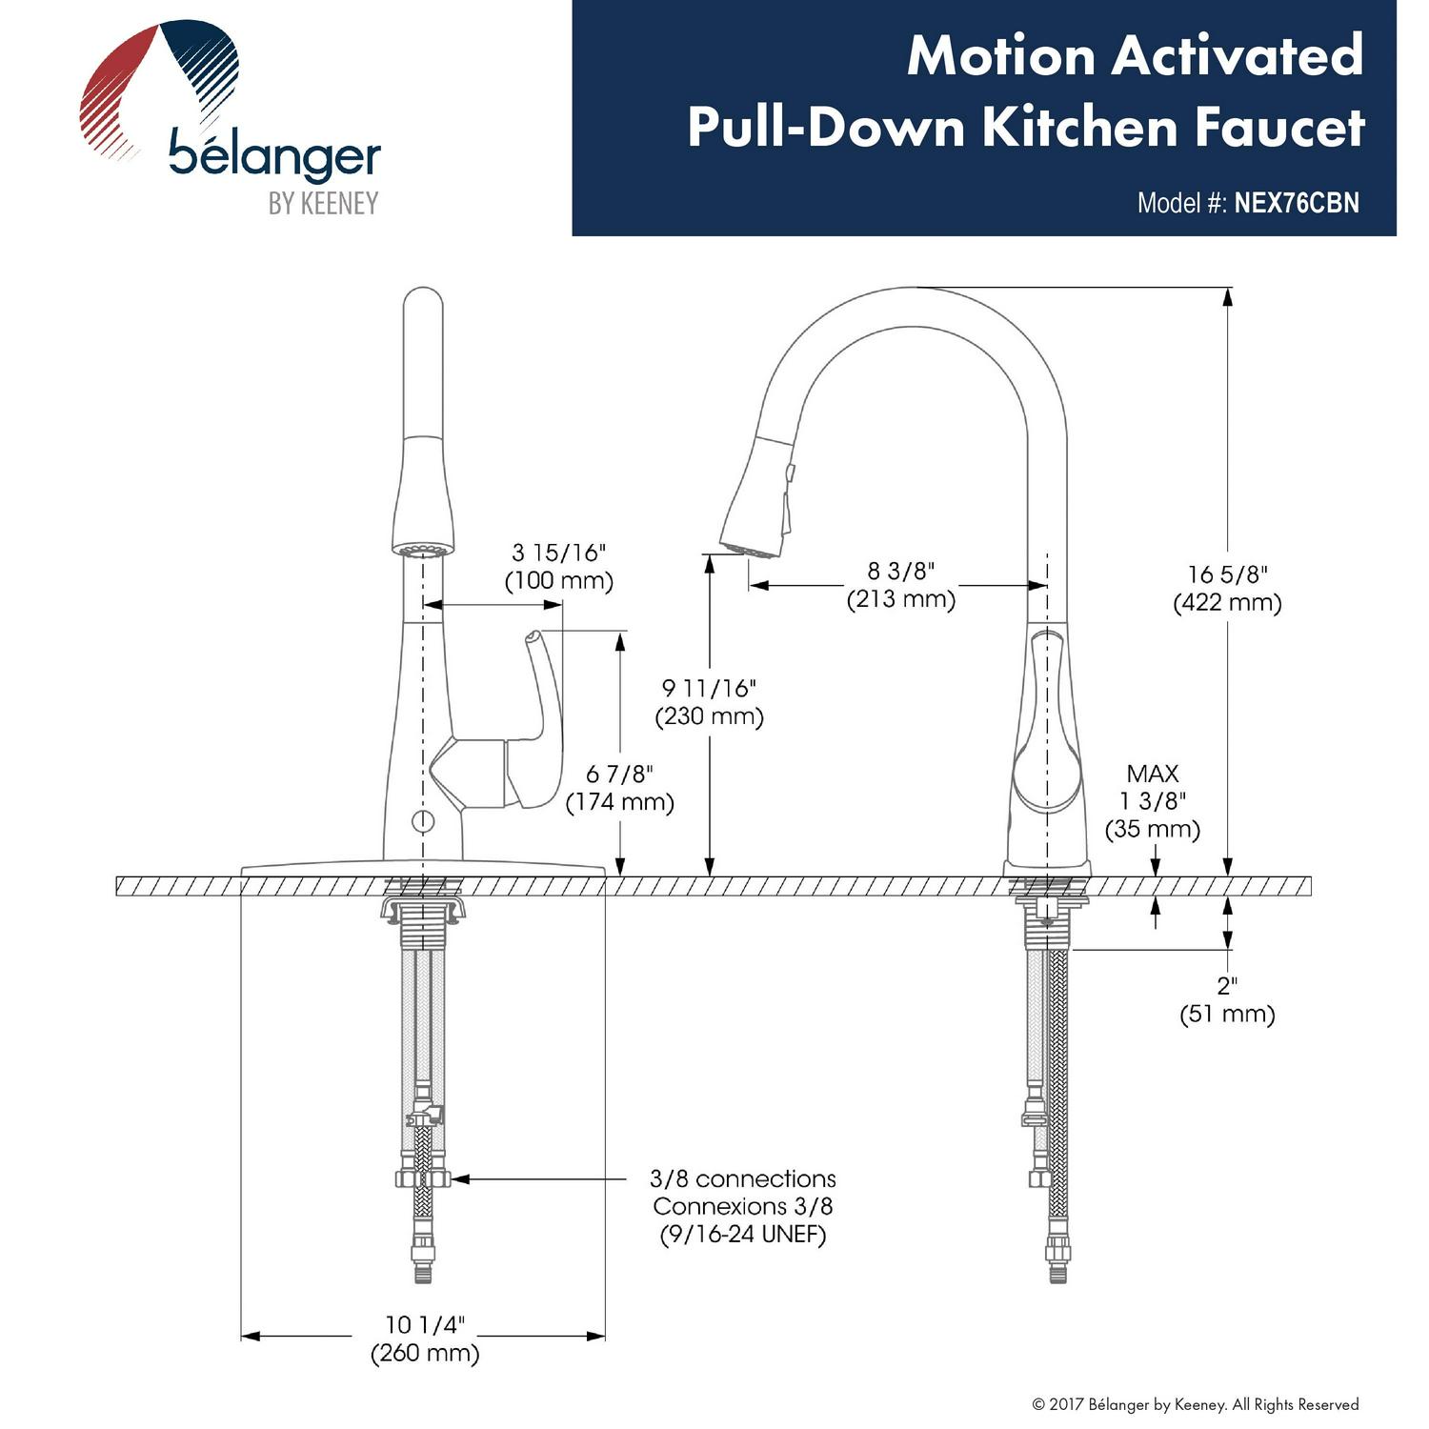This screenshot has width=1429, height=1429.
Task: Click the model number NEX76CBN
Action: click(1296, 203)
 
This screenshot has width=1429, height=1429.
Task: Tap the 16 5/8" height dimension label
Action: click(1228, 574)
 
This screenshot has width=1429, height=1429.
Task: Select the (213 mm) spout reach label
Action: click(900, 599)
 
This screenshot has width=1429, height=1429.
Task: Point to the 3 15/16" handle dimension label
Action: click(559, 553)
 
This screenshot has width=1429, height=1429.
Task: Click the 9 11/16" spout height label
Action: click(710, 688)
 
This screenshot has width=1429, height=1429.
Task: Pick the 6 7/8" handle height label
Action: click(620, 774)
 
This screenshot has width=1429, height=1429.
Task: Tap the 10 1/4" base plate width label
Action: click(425, 1324)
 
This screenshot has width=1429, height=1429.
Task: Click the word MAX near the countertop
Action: click(1153, 774)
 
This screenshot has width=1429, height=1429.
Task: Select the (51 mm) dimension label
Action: click(1227, 1015)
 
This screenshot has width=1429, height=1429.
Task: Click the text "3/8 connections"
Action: click(743, 1178)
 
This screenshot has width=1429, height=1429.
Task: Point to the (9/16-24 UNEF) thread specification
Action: click(743, 1235)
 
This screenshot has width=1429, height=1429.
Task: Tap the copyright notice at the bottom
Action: click(1196, 1404)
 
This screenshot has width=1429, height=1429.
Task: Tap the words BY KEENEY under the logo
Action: click(323, 203)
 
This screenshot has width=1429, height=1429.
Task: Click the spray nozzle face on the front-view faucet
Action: click(423, 550)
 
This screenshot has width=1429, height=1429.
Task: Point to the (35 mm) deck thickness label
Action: click(1153, 829)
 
